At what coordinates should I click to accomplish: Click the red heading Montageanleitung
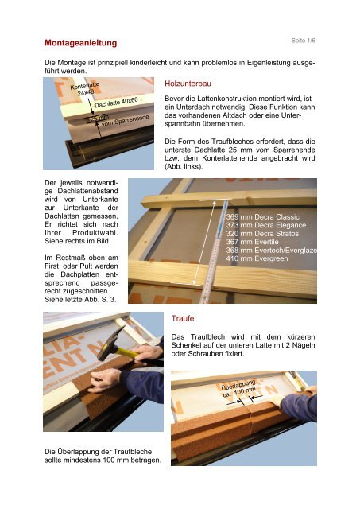[x=81, y=43]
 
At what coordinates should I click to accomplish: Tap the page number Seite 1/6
[x=304, y=41]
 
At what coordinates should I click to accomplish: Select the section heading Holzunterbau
[x=188, y=84]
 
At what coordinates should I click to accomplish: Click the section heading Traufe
[x=183, y=318]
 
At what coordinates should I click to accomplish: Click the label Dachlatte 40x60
[x=116, y=103]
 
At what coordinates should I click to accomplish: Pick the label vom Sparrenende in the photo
[x=126, y=120]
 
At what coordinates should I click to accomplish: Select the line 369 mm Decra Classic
[x=263, y=217]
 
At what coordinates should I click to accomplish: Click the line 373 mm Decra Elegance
[x=266, y=225]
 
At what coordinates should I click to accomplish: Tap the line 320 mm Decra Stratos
[x=262, y=234]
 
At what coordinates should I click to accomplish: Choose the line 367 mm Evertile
[x=253, y=242]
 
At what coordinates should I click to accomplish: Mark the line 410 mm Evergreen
[x=257, y=258]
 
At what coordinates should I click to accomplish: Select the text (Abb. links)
[x=184, y=167]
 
